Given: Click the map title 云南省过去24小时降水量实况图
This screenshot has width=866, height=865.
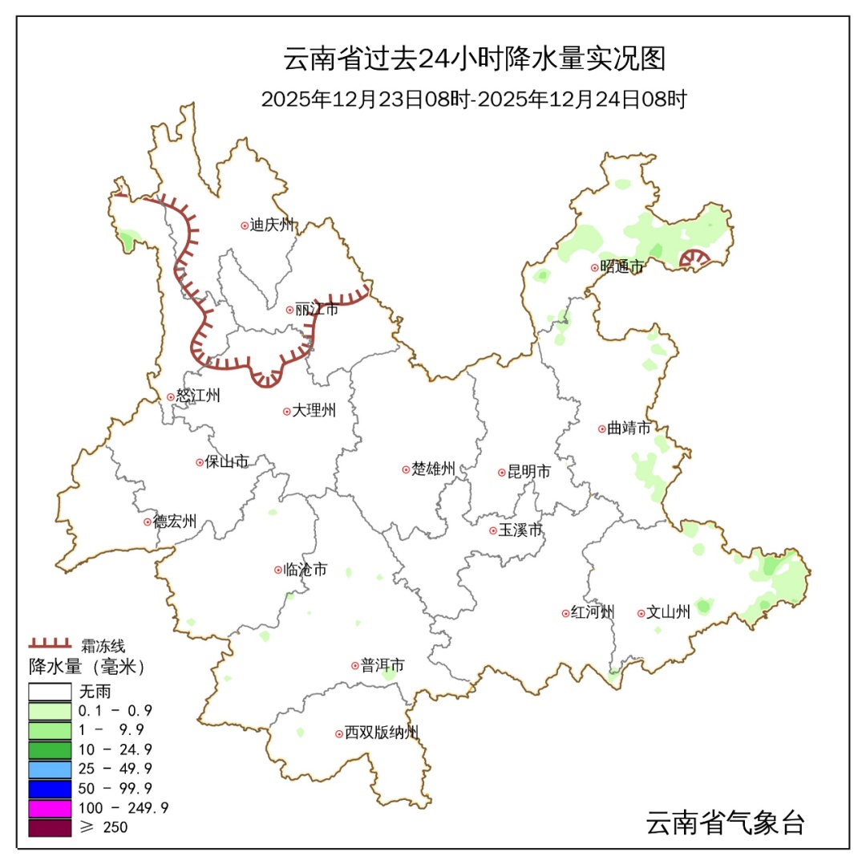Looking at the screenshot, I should coord(475,59).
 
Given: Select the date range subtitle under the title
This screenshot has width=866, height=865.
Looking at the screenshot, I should coord(474,100).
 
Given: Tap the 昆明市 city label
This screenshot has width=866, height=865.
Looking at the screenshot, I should coord(529,473).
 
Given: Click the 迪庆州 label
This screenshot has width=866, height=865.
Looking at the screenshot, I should coord(273,225).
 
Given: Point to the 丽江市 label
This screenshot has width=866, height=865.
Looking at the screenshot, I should coord(317,309).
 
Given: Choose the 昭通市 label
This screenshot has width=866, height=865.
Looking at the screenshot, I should coord(621,267).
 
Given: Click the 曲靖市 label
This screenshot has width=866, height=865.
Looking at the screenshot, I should coord(629,428).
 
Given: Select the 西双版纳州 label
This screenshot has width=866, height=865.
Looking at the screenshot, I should coord(381,733).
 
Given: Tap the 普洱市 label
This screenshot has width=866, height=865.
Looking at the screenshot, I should coord(382,665).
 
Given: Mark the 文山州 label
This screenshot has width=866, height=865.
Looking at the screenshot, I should coord(668,612).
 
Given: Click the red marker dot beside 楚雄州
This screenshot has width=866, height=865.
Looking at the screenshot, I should coord(406,469).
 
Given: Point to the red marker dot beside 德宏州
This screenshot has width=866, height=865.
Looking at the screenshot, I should coord(148,522).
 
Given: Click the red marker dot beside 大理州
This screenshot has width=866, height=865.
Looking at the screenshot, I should coord(286,412).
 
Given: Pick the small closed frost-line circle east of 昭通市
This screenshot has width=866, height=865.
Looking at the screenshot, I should coord(694,258).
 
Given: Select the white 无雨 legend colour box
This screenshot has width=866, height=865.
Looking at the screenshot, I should coord(51,692).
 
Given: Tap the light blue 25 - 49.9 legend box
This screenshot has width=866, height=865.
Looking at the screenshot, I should coord(51,768).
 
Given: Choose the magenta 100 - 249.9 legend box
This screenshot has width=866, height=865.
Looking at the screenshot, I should coord(51,806).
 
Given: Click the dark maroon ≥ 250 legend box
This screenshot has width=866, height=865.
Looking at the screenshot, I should coord(51,826).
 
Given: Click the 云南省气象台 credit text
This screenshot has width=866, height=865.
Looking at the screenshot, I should coord(725,822).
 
